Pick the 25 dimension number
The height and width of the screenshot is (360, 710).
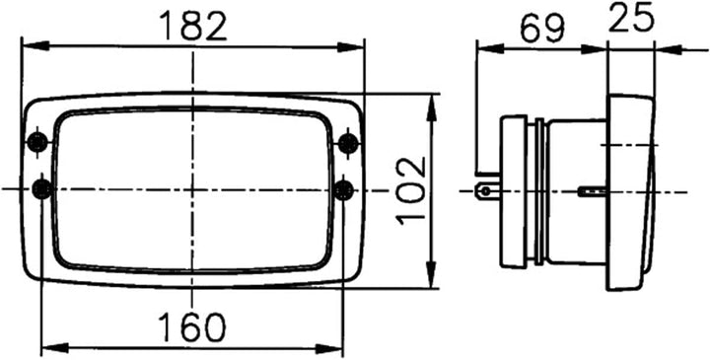[x=632, y=18]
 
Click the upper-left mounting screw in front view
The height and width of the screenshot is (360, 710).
[x=39, y=142]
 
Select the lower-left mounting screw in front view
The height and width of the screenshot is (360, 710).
[x=40, y=187]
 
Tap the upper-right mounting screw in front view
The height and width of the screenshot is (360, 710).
[x=347, y=142]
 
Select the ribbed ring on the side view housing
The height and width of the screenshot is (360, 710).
[x=537, y=190]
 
